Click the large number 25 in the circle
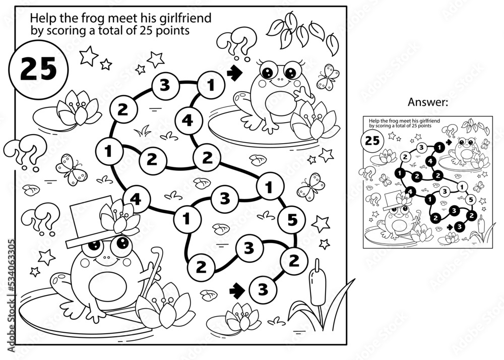[38, 69]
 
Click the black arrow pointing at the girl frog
[233, 74]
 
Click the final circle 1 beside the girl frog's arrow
[208, 84]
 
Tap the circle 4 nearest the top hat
[135, 198]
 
